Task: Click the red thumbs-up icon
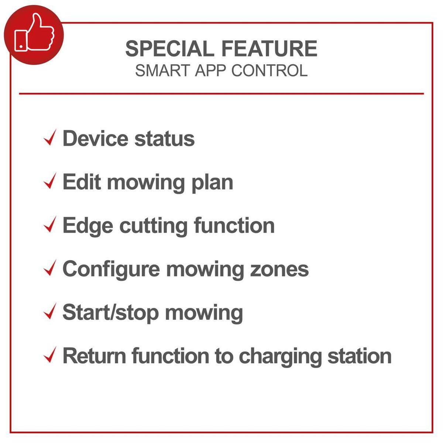click(34, 35)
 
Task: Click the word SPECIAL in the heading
click(168, 48)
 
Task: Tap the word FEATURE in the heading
click(269, 48)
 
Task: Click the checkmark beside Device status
click(50, 137)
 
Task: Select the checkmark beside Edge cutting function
click(50, 224)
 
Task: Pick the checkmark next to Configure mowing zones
click(50, 268)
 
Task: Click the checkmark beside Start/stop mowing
click(50, 311)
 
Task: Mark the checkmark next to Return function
click(50, 354)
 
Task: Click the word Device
click(95, 138)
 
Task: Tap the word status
click(165, 138)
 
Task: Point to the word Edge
click(88, 227)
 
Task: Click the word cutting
click(154, 227)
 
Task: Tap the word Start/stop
click(111, 313)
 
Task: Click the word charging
click(280, 357)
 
